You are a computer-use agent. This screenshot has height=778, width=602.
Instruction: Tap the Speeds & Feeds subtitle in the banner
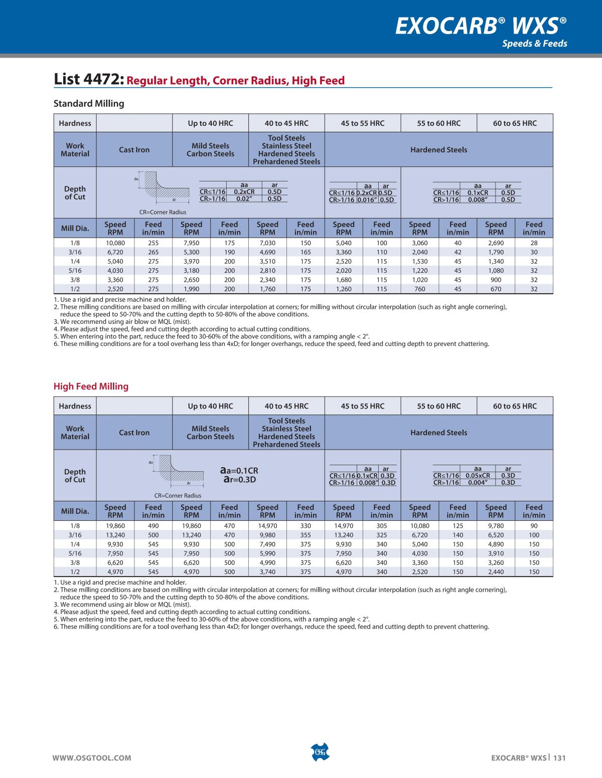point(534,44)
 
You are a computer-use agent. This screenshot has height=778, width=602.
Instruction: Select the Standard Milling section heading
point(89,104)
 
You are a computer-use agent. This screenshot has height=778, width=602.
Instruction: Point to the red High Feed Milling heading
point(91,386)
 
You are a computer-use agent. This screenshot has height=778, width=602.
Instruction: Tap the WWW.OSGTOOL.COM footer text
point(92,758)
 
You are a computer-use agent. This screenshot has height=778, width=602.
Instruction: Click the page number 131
point(559,758)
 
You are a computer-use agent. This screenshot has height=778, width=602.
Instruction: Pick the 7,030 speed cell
point(267,243)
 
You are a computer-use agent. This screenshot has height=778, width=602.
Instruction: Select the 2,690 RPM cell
point(496,243)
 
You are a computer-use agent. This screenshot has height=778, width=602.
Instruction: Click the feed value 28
point(534,243)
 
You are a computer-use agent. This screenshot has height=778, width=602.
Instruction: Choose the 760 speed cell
point(419,289)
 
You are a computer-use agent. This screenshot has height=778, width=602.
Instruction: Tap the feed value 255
point(153,243)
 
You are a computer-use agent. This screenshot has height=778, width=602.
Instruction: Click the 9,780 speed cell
point(496,526)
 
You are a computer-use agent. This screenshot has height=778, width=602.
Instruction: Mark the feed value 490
point(153,526)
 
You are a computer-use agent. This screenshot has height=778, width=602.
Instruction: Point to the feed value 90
point(534,526)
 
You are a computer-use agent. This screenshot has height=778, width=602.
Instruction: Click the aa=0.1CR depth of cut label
point(239,471)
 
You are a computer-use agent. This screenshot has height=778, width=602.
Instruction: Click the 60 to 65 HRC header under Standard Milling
point(515,123)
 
